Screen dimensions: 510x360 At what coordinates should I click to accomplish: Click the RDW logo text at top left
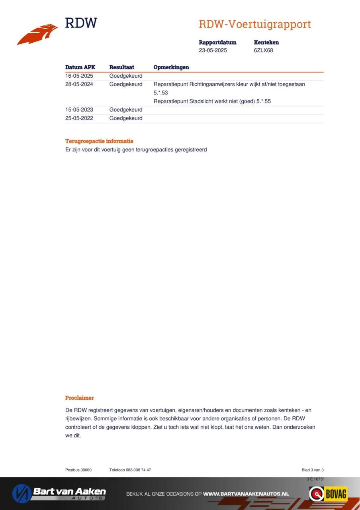pyautogui.click(x=81, y=23)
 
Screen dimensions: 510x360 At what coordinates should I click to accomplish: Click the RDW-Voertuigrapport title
pyautogui.click(x=254, y=24)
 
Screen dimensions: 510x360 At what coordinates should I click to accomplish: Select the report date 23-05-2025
pyautogui.click(x=213, y=51)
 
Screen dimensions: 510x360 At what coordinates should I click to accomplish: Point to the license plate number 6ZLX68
pyautogui.click(x=263, y=51)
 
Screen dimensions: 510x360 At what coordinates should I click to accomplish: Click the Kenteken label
pyautogui.click(x=266, y=42)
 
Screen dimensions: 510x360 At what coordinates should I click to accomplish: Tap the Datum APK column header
pyautogui.click(x=80, y=67)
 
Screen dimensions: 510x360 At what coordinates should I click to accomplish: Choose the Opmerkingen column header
pyautogui.click(x=171, y=67)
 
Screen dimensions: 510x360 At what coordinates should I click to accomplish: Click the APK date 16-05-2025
pyautogui.click(x=79, y=76)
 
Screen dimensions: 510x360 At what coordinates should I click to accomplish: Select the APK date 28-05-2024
pyautogui.click(x=79, y=84)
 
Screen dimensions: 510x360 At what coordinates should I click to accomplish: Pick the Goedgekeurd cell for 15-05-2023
pyautogui.click(x=126, y=110)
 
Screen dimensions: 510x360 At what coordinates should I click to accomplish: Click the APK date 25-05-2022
pyautogui.click(x=79, y=118)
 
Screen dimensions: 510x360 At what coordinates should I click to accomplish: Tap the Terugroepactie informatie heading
pyautogui.click(x=99, y=141)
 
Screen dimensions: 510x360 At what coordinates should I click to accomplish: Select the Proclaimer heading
pyautogui.click(x=79, y=398)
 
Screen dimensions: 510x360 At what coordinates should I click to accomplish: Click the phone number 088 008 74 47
pyautogui.click(x=138, y=470)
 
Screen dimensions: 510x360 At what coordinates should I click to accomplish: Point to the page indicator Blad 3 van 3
pyautogui.click(x=312, y=470)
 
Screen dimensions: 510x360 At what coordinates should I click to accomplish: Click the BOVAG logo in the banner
pyautogui.click(x=329, y=494)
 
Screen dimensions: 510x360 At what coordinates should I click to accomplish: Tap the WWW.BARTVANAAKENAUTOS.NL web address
pyautogui.click(x=246, y=494)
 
